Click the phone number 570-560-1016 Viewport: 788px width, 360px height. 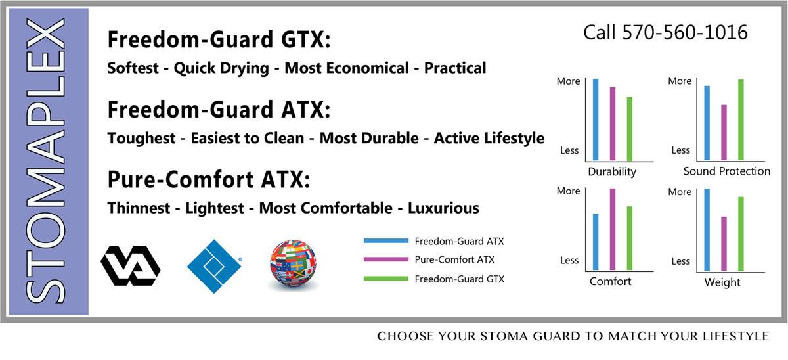click(x=684, y=33)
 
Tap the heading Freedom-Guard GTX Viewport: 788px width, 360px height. click(x=219, y=39)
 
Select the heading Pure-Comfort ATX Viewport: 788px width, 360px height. click(x=209, y=179)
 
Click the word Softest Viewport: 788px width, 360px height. click(x=133, y=68)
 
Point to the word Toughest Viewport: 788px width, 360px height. click(x=141, y=139)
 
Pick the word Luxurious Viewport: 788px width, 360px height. click(x=443, y=208)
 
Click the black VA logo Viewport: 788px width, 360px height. click(x=131, y=265)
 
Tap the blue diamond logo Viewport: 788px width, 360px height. click(x=214, y=267)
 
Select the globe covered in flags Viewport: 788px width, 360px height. click(x=293, y=263)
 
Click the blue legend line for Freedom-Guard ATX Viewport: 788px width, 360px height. click(x=386, y=240)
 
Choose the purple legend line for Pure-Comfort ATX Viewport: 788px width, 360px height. click(x=386, y=259)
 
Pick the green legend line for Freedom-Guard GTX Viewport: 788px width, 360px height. click(x=386, y=279)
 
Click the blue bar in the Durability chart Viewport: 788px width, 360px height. click(x=596, y=120)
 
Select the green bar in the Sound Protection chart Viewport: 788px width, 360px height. click(x=741, y=120)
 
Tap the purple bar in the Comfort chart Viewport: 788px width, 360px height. click(x=613, y=229)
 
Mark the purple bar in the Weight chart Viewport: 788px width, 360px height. click(x=724, y=244)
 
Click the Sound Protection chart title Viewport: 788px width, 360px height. click(x=727, y=171)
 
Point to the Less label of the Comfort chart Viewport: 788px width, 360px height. click(x=569, y=260)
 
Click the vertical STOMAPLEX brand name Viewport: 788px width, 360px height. click(x=46, y=160)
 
